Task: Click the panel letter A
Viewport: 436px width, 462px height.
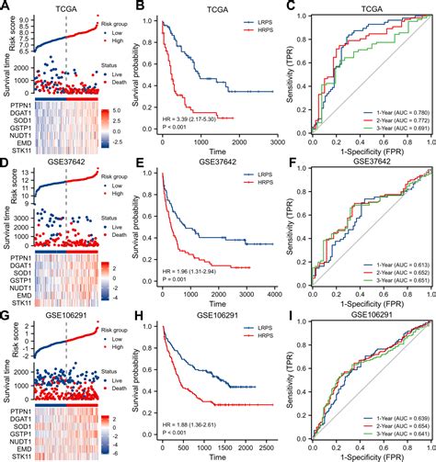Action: [6, 6]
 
